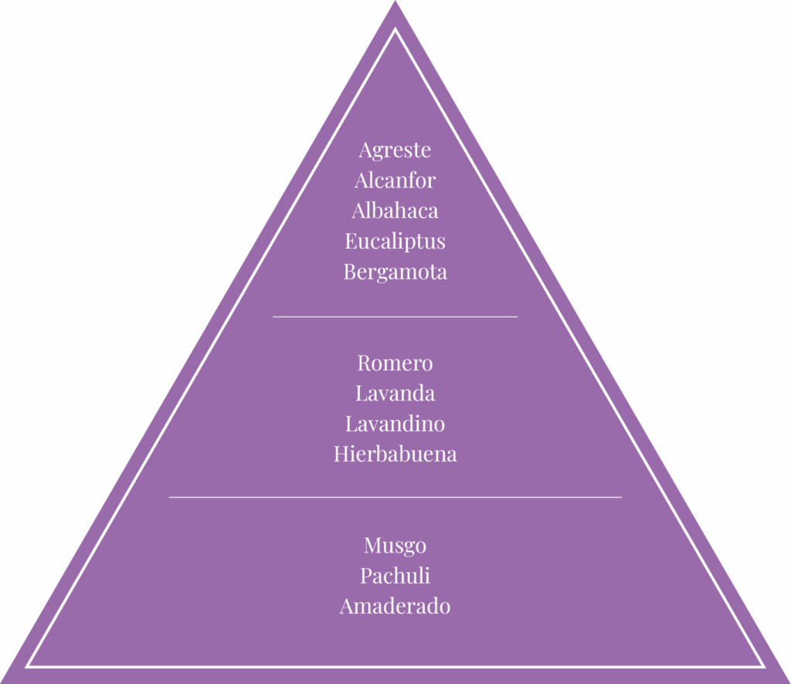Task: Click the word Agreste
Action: coord(395,150)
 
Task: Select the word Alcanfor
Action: coord(395,181)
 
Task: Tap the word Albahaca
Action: coord(395,211)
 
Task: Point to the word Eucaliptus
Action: coord(395,242)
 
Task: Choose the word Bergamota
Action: coord(395,272)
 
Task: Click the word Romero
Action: coord(395,363)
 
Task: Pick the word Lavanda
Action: coord(395,394)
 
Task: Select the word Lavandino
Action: coord(395,424)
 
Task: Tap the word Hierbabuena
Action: coord(395,454)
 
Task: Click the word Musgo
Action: coord(395,546)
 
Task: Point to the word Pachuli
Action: coord(395,576)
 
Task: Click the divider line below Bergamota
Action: coord(395,317)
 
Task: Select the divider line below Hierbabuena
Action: coord(395,497)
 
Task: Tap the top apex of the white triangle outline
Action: coord(395,30)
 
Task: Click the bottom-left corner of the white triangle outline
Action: coord(28,665)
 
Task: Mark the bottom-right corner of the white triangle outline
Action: coord(763,665)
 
